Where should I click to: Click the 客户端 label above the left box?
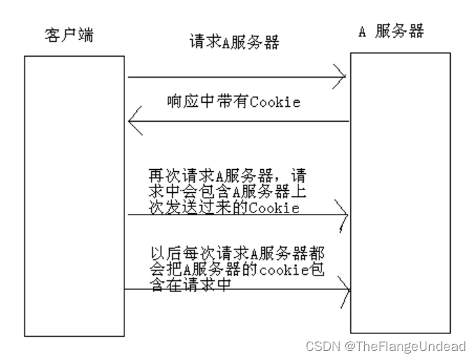tap(68, 36)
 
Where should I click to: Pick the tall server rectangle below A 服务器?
tap(400, 192)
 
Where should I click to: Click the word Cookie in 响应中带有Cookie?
tap(277, 102)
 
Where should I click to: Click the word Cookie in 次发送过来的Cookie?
tap(277, 208)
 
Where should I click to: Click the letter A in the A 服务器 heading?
tap(363, 33)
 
